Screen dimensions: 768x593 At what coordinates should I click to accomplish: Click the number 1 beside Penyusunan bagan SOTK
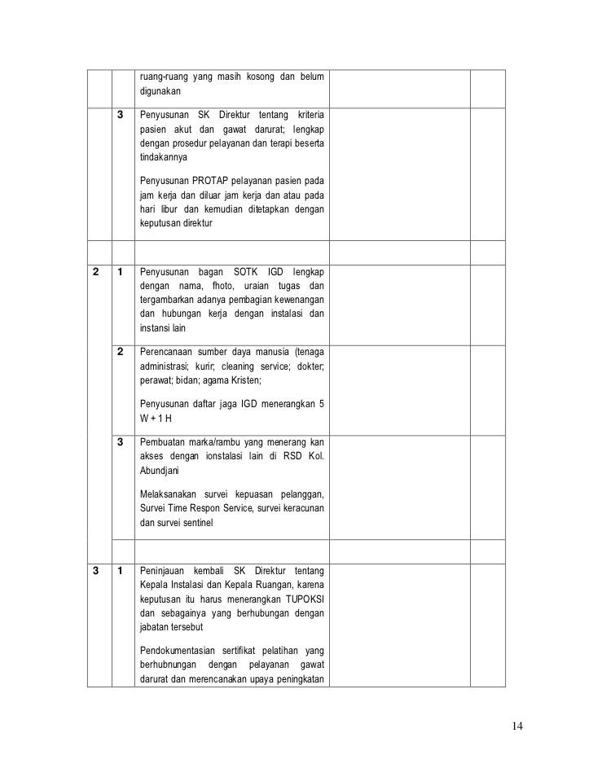pos(120,271)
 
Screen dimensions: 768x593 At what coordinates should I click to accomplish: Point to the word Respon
pos(211,509)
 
